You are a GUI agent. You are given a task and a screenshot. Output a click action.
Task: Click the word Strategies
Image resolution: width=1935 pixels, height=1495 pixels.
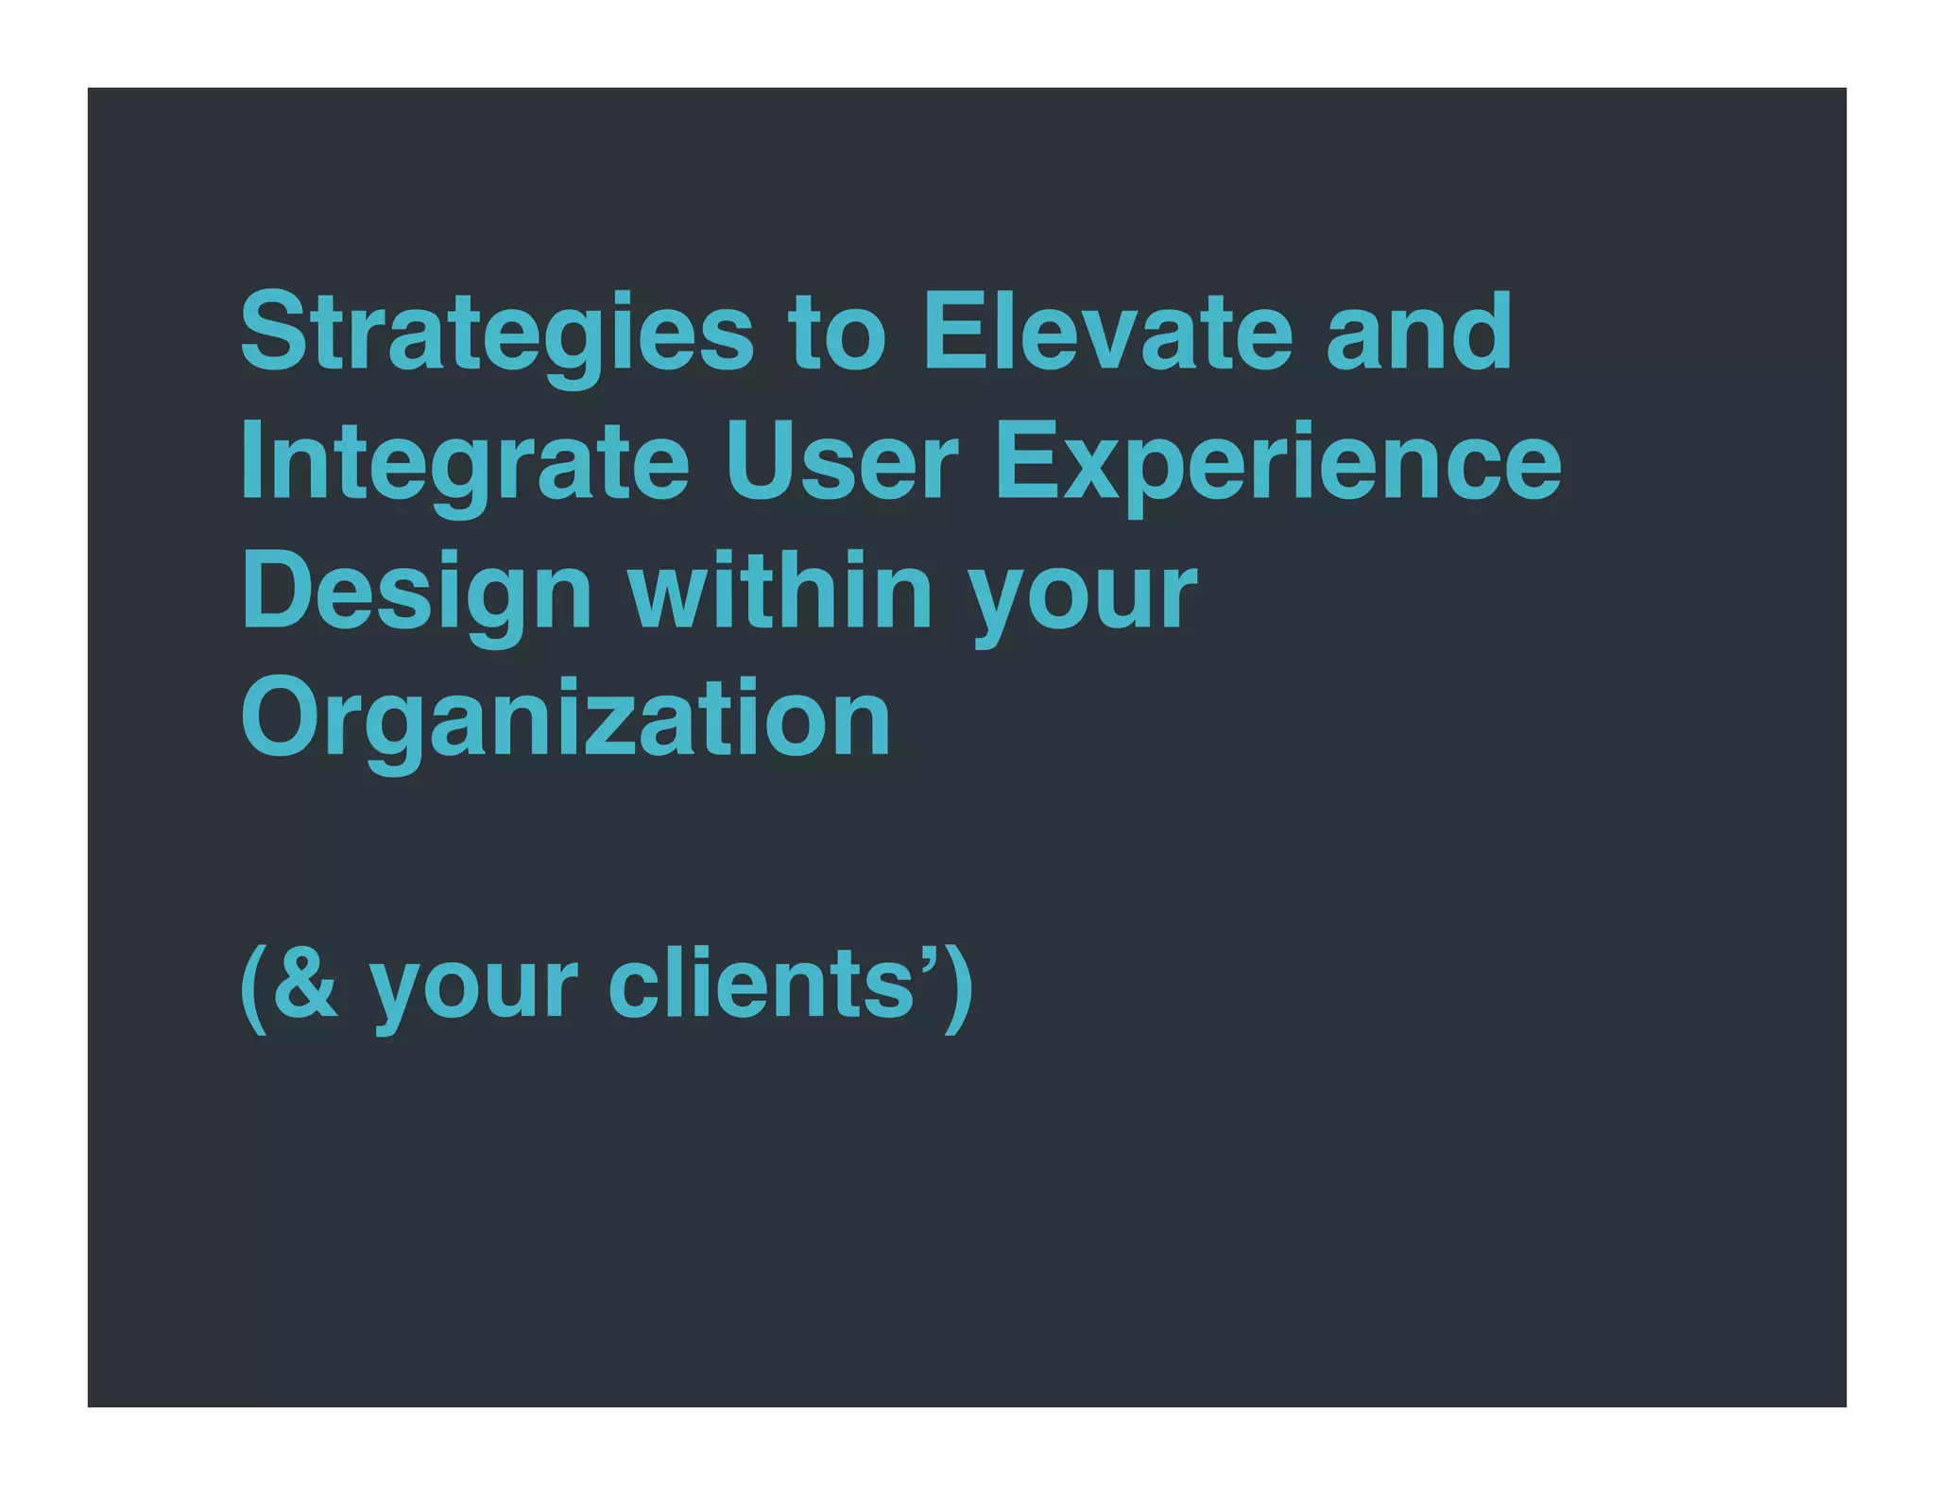click(x=497, y=333)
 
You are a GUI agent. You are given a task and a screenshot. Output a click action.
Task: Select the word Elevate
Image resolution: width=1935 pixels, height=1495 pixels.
click(x=1106, y=333)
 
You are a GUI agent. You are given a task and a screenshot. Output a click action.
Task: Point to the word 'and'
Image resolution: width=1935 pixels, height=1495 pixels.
click(x=1419, y=333)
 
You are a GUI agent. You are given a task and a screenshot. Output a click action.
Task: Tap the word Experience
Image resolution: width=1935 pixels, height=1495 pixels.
click(x=1278, y=463)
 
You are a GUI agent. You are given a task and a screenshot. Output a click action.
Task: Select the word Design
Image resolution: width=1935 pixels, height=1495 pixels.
click(x=417, y=593)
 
